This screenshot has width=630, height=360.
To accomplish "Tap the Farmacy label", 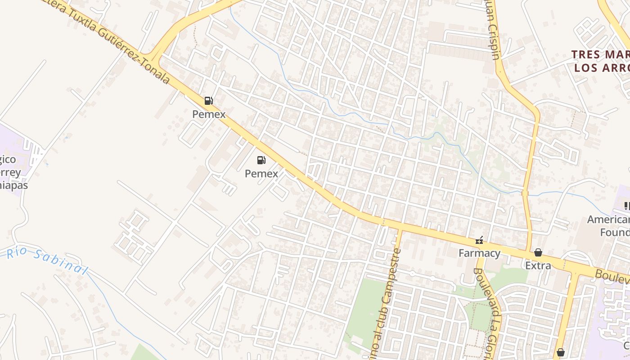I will [x=479, y=253].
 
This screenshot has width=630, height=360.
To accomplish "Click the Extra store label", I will [x=538, y=265].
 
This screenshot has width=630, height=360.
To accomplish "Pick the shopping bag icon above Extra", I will [x=538, y=252].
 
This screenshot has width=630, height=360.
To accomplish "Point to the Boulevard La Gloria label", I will [x=488, y=315].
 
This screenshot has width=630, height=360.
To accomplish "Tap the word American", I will [x=608, y=220].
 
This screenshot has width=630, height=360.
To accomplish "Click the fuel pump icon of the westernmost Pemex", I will [x=208, y=101].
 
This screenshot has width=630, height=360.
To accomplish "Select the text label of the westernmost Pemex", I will [x=209, y=114].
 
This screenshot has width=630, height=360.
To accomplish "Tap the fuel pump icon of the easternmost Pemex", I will [x=261, y=160].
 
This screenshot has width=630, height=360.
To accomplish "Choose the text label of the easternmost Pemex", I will [x=261, y=173].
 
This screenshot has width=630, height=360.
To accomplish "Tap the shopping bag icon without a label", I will [x=560, y=352].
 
